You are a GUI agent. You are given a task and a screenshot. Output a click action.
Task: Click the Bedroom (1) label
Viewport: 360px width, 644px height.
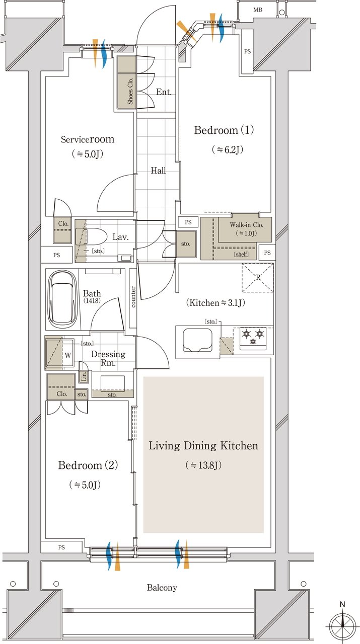click(x=224, y=130)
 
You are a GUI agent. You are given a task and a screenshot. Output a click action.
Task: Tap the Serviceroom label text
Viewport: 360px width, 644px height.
click(x=88, y=139)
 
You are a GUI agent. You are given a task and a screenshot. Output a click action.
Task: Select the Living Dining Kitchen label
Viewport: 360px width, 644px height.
click(x=203, y=446)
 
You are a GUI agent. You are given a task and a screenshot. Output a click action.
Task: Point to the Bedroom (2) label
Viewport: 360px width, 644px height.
click(x=88, y=465)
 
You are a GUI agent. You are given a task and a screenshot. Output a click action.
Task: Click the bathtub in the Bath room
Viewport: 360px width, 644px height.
click(x=63, y=299)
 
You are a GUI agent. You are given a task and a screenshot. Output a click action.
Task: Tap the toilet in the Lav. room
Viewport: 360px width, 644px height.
click(x=88, y=236)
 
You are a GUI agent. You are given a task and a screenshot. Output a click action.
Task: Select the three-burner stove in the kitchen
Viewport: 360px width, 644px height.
click(x=253, y=338)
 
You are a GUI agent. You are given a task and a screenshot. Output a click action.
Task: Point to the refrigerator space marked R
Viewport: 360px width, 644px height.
click(x=258, y=277)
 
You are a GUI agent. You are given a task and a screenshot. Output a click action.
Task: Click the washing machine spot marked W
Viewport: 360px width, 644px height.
click(x=68, y=355)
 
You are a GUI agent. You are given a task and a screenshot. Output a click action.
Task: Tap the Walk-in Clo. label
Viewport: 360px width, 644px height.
click(x=246, y=225)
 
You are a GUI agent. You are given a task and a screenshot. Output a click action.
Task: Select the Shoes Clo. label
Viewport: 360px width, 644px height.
click(x=130, y=91)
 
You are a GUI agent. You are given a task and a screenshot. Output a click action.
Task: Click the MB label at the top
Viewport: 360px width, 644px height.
click(x=258, y=10)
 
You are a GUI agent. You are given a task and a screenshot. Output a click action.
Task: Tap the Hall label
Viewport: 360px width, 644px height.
click(x=158, y=171)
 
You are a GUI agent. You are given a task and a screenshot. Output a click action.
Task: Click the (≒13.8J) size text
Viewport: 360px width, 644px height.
click(x=203, y=465)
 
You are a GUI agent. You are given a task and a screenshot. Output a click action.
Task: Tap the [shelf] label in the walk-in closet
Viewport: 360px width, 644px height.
click(x=241, y=254)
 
